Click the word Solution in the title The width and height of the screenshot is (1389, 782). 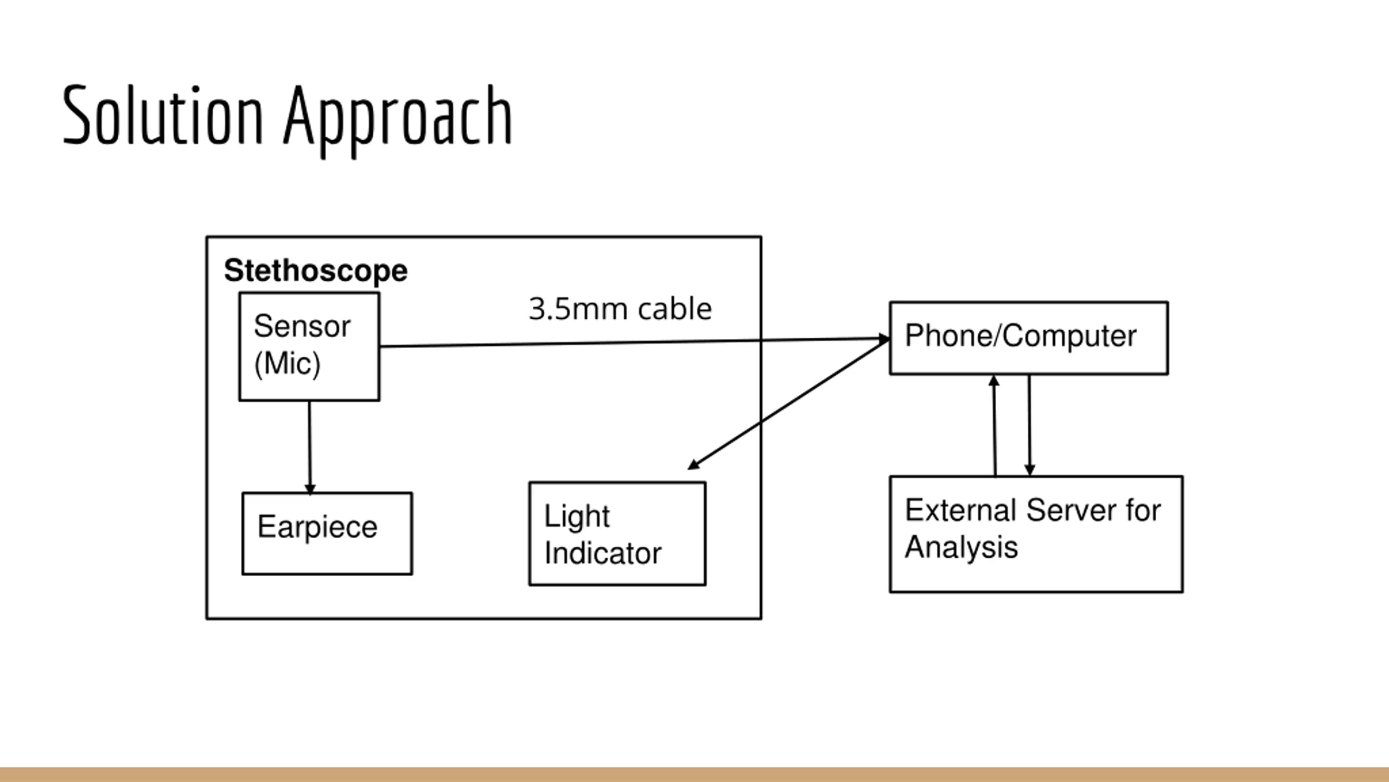163,115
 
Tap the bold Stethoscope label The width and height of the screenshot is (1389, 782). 315,270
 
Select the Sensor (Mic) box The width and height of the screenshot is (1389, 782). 309,346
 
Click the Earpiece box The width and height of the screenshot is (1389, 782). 327,533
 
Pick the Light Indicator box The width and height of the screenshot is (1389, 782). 617,533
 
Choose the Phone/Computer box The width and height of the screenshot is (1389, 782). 1029,338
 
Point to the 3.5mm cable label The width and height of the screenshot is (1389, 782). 620,309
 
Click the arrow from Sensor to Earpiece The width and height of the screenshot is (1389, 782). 310,445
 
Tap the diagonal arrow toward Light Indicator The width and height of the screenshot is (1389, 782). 787,404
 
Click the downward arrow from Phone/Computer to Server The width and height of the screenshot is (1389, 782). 1029,424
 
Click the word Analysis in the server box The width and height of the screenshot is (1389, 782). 961,546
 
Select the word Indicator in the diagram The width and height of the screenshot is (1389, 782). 602,553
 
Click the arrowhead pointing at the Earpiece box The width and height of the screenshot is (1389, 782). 310,489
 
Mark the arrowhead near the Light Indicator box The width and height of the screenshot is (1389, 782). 693,465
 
